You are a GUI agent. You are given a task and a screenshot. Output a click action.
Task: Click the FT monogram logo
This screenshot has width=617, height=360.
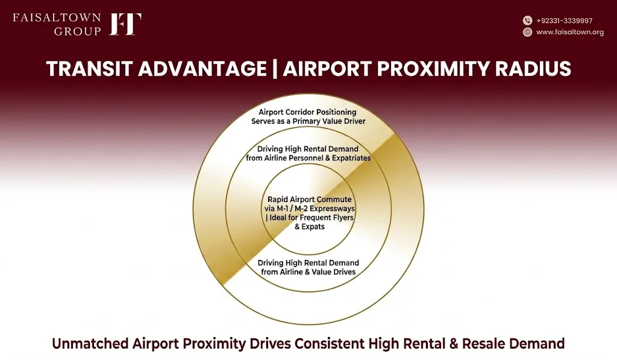[125, 24]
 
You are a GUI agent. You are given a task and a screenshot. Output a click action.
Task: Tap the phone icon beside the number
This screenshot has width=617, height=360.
[527, 21]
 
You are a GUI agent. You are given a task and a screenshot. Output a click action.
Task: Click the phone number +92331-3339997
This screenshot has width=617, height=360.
[564, 21]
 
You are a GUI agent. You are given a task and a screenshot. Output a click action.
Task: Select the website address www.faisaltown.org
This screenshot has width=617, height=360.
[570, 33]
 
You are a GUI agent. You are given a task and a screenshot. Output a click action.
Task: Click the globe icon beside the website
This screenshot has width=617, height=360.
[527, 33]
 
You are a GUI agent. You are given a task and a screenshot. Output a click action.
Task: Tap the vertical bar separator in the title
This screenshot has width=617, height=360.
[275, 69]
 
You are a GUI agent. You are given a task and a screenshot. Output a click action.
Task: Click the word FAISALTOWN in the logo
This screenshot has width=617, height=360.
[57, 17]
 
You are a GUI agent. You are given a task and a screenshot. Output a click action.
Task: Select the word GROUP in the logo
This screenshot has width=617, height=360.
[78, 31]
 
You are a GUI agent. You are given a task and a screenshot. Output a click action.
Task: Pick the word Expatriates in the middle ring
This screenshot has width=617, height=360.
[351, 159]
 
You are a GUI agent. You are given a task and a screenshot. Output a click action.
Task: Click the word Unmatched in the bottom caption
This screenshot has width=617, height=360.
[90, 344]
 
